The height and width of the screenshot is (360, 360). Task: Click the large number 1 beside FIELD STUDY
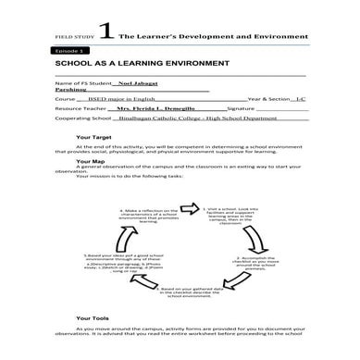click(x=108, y=31)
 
